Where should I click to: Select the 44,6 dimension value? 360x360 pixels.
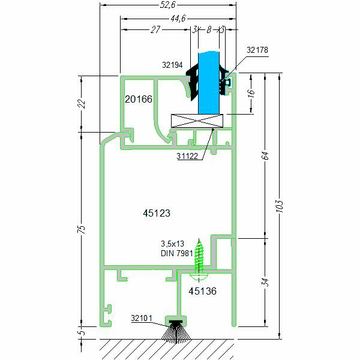pyautogui.click(x=177, y=19)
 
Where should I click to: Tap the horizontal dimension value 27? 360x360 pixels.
pyautogui.click(x=155, y=29)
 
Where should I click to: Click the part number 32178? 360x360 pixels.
pyautogui.click(x=257, y=51)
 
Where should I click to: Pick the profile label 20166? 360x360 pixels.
pyautogui.click(x=139, y=98)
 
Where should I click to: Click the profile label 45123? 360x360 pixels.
pyautogui.click(x=157, y=212)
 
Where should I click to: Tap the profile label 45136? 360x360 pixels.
pyautogui.click(x=202, y=291)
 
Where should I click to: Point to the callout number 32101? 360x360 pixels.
pyautogui.click(x=142, y=318)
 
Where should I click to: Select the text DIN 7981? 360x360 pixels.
pyautogui.click(x=177, y=253)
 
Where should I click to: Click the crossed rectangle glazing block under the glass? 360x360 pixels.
pyautogui.click(x=197, y=121)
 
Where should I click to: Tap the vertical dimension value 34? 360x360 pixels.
pyautogui.click(x=265, y=282)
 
